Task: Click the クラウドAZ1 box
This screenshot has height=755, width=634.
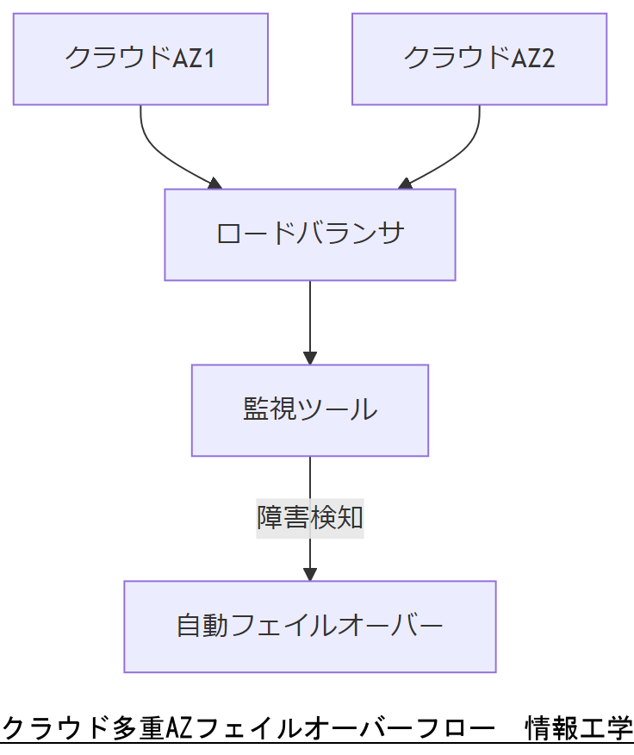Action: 140,59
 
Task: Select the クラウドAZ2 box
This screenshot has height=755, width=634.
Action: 479,59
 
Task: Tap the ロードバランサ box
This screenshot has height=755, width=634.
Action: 309,234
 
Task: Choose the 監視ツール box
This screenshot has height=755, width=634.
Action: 309,409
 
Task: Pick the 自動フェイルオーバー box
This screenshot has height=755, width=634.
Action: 309,626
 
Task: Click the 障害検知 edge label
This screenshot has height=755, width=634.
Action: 309,517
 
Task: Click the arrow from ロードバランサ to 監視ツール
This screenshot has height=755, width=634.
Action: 309,319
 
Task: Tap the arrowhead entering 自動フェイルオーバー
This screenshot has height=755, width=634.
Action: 309,573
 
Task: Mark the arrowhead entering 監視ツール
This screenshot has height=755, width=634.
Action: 309,357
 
